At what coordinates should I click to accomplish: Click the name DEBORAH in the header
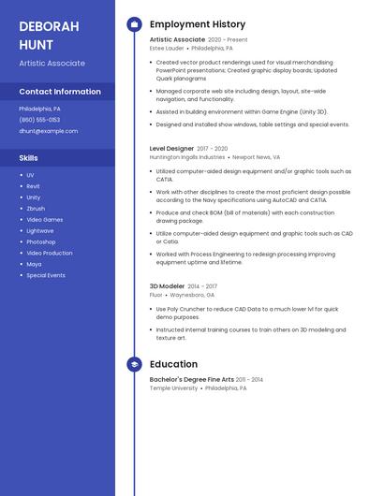pyautogui.click(x=49, y=26)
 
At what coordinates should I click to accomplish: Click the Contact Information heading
pyautogui.click(x=60, y=92)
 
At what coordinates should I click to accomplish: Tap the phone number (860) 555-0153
pyautogui.click(x=39, y=120)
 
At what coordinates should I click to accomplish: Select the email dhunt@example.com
pyautogui.click(x=48, y=131)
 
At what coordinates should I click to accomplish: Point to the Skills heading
pyautogui.click(x=29, y=158)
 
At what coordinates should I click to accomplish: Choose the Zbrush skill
pyautogui.click(x=36, y=209)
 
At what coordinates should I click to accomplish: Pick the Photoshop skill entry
pyautogui.click(x=41, y=241)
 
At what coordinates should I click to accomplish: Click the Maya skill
pyautogui.click(x=34, y=264)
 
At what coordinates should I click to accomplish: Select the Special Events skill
pyautogui.click(x=46, y=275)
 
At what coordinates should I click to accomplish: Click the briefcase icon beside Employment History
pyautogui.click(x=134, y=24)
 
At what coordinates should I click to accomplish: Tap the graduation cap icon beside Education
pyautogui.click(x=134, y=364)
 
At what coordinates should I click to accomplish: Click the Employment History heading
pyautogui.click(x=198, y=24)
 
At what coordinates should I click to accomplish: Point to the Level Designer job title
pyautogui.click(x=171, y=148)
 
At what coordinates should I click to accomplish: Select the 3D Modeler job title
pyautogui.click(x=167, y=286)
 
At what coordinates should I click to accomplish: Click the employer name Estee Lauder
pyautogui.click(x=167, y=48)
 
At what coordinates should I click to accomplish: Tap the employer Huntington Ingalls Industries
pyautogui.click(x=187, y=157)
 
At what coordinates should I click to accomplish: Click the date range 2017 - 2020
pyautogui.click(x=213, y=149)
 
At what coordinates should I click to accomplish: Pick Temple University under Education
pyautogui.click(x=173, y=387)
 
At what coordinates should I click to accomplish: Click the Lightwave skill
pyautogui.click(x=40, y=230)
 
